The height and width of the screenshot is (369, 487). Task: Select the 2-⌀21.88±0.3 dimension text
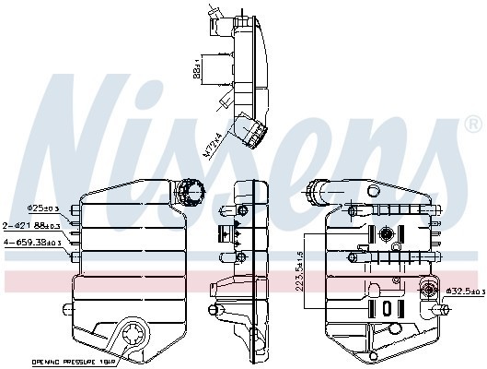[x=32, y=224]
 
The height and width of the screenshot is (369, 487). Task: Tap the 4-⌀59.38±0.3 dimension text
[x=32, y=242]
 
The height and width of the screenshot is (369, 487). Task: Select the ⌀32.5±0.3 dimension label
[x=463, y=292]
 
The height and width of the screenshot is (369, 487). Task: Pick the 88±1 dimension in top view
[x=197, y=72]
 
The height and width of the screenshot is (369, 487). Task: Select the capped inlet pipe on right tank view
[x=321, y=192]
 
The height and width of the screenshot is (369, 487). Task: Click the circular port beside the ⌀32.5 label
[x=429, y=292]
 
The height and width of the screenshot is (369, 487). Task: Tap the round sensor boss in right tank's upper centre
[x=388, y=232]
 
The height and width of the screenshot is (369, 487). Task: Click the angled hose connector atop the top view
[x=218, y=13]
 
